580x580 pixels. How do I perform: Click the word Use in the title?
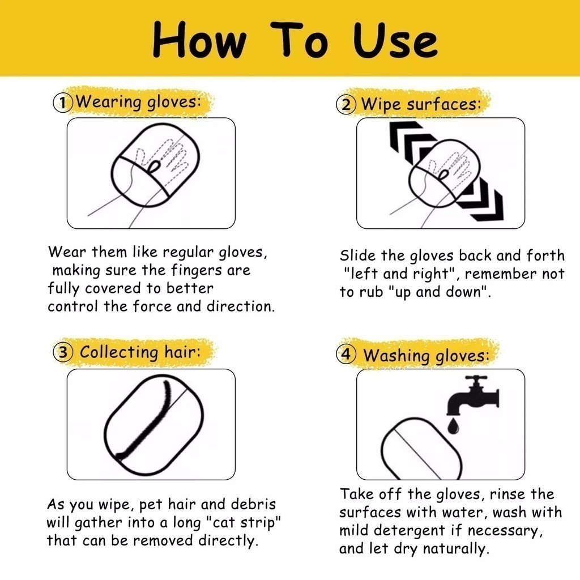(x=395, y=40)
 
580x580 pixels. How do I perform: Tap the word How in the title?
(x=199, y=40)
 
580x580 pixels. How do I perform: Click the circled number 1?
(x=63, y=103)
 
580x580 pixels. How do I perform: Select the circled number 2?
(x=346, y=105)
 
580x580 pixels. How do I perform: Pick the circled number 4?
(x=346, y=355)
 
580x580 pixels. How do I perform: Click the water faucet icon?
(x=473, y=395)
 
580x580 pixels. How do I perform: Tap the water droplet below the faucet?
(x=454, y=426)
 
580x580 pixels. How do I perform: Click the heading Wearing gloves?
(x=139, y=101)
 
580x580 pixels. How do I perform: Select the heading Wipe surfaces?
(x=421, y=104)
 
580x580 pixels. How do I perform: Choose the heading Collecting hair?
(x=140, y=352)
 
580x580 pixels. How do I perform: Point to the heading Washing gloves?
(x=426, y=356)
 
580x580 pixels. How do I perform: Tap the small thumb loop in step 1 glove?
(x=154, y=167)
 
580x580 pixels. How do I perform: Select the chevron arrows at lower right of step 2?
(x=481, y=200)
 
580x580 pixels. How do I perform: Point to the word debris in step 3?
(x=253, y=504)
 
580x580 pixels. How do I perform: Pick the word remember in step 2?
(x=501, y=274)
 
